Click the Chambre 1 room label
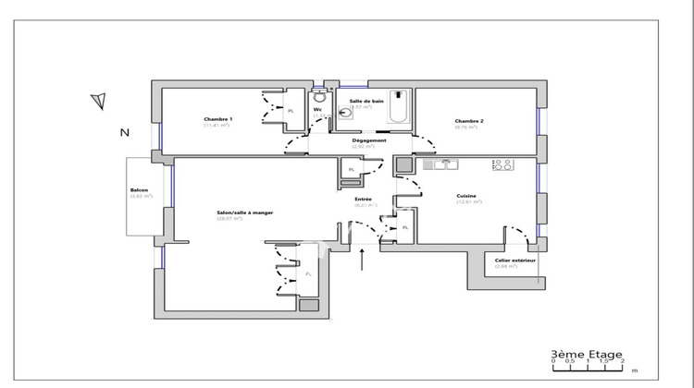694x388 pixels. tap(218, 119)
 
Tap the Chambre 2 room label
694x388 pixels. tap(465, 120)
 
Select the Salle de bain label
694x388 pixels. tap(366, 101)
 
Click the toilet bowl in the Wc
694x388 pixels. tap(319, 96)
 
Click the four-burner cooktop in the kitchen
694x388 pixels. tap(503, 165)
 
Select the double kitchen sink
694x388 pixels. tap(441, 165)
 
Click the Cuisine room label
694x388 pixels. tap(468, 195)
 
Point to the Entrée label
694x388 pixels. tap(364, 199)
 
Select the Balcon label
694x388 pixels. tap(140, 191)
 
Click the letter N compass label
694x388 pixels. tap(123, 133)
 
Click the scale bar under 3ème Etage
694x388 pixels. tap(587, 367)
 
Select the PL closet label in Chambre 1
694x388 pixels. tap(291, 111)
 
